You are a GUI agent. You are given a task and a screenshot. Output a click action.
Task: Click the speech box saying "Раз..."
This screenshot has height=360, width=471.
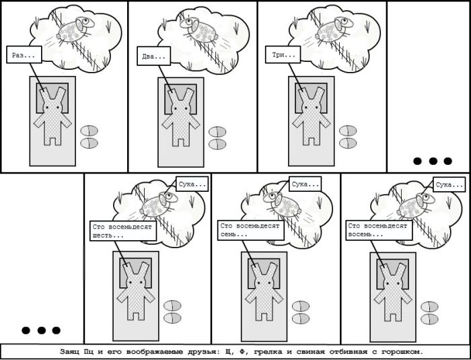24,55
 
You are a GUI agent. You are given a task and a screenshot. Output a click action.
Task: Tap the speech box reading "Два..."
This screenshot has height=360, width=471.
154,56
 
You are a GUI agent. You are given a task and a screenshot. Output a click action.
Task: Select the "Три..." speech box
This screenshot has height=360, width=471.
283,55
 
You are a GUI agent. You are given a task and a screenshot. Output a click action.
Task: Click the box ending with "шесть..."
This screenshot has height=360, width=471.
123,231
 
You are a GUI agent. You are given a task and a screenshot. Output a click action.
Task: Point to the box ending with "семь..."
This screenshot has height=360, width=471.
251,231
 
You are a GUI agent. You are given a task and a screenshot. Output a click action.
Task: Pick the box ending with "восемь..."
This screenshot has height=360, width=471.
379,231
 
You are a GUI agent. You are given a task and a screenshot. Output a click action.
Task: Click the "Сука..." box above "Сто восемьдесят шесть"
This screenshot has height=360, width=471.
192,184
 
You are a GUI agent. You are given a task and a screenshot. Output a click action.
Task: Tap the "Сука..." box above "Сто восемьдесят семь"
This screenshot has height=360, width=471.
305,184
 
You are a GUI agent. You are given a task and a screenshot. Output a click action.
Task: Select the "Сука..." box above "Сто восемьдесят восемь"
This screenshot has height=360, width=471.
449,184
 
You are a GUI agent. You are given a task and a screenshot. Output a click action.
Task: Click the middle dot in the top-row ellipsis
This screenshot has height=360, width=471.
433,161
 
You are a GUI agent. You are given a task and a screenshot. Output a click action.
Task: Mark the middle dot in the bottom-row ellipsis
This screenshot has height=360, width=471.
42,330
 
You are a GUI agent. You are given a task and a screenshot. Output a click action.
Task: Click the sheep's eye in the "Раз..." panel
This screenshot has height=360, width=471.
86,21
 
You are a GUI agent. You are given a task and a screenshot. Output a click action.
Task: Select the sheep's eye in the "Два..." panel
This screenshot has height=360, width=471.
188,22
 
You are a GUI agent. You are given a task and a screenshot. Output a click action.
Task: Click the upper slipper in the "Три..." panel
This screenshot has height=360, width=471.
348,131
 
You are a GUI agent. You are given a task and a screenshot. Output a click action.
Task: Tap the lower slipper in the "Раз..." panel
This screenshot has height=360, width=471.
89,143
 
